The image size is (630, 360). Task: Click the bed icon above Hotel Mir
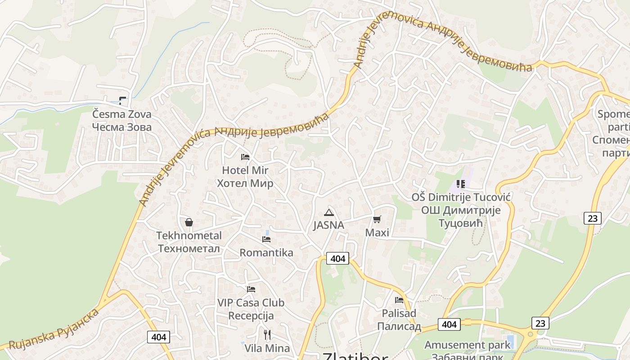click(245, 157)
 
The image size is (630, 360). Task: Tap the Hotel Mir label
click(245, 177)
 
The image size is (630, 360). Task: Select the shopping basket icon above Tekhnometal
click(189, 222)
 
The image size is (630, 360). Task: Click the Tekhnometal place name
click(189, 242)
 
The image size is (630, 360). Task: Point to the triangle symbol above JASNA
click(328, 213)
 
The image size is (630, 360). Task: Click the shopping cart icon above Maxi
click(377, 220)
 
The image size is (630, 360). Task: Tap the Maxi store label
click(377, 233)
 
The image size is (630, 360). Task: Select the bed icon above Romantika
click(266, 239)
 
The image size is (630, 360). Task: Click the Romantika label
click(266, 252)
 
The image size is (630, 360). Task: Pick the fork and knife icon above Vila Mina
click(267, 334)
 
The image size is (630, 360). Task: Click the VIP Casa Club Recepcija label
click(251, 309)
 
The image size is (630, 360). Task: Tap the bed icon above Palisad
click(399, 300)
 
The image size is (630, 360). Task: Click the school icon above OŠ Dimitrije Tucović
click(460, 184)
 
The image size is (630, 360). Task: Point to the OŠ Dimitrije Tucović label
click(461, 210)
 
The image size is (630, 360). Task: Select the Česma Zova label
click(122, 121)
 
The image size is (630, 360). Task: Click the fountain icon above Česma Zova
click(122, 101)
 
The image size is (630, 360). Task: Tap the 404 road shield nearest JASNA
click(338, 258)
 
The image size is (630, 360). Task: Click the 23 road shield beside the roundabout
click(540, 323)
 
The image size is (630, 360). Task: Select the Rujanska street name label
click(54, 328)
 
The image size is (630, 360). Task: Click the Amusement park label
click(468, 346)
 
